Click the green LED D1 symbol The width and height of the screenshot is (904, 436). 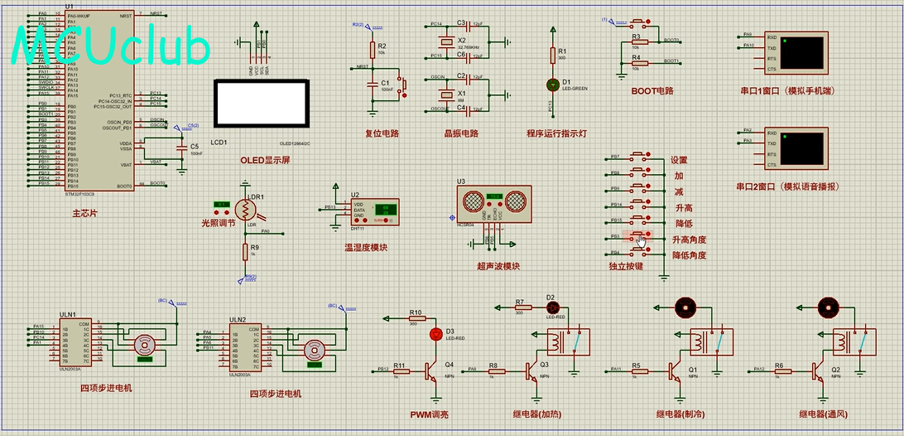(553, 85)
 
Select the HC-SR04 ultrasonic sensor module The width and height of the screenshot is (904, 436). (493, 202)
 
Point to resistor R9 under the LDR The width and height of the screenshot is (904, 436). (245, 251)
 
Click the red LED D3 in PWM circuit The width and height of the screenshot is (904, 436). (436, 334)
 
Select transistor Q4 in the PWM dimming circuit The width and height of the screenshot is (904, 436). (431, 371)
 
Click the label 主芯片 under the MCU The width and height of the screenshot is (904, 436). (84, 214)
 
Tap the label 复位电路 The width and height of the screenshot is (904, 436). (382, 133)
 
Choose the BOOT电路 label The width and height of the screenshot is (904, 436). (652, 91)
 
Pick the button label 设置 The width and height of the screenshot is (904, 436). (679, 161)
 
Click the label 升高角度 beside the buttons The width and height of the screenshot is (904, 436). (689, 240)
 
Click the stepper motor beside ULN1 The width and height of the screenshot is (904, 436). (146, 346)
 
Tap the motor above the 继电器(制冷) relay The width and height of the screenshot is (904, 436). (685, 308)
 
